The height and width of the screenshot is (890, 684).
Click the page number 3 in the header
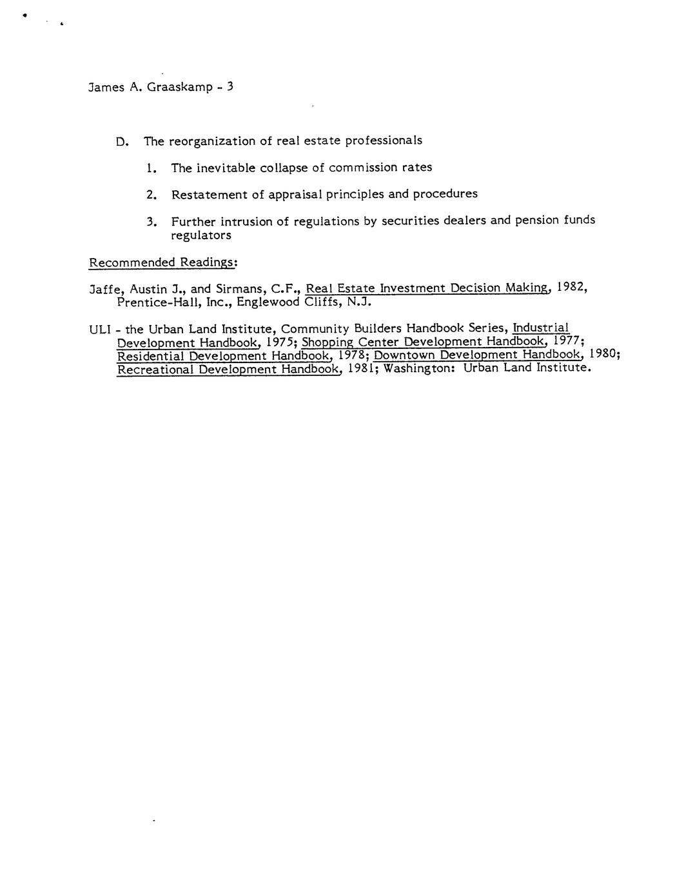[230, 86]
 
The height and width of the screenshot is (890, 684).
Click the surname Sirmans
[236, 289]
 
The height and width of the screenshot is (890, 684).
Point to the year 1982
[572, 287]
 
